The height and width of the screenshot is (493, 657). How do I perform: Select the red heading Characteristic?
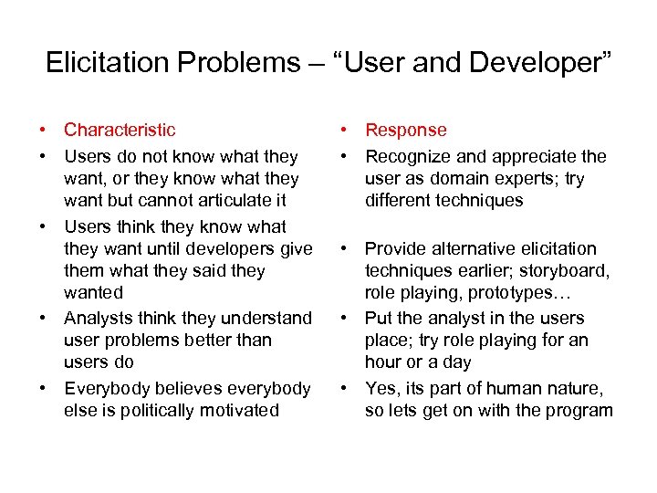(x=120, y=131)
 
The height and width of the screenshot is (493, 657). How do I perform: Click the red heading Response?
(x=406, y=131)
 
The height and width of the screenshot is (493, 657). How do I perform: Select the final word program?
(x=581, y=410)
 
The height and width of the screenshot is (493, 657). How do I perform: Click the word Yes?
(x=381, y=388)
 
